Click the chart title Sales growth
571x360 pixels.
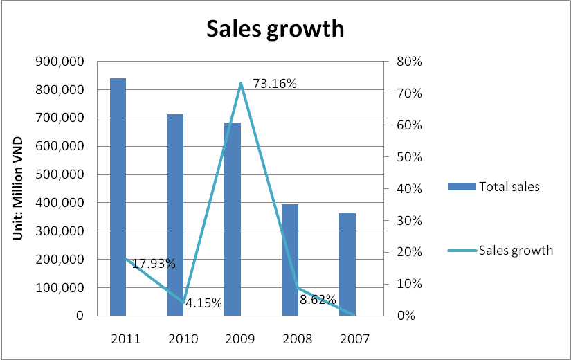click(x=275, y=29)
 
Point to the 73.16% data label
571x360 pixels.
click(x=275, y=84)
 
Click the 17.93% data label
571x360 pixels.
click(x=154, y=264)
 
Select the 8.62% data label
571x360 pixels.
click(x=318, y=300)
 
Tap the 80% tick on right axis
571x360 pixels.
click(x=409, y=62)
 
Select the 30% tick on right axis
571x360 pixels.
click(x=409, y=221)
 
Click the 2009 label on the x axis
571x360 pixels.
click(x=239, y=339)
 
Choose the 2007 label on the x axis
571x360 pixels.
click(x=354, y=339)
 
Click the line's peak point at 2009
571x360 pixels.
click(x=240, y=84)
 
